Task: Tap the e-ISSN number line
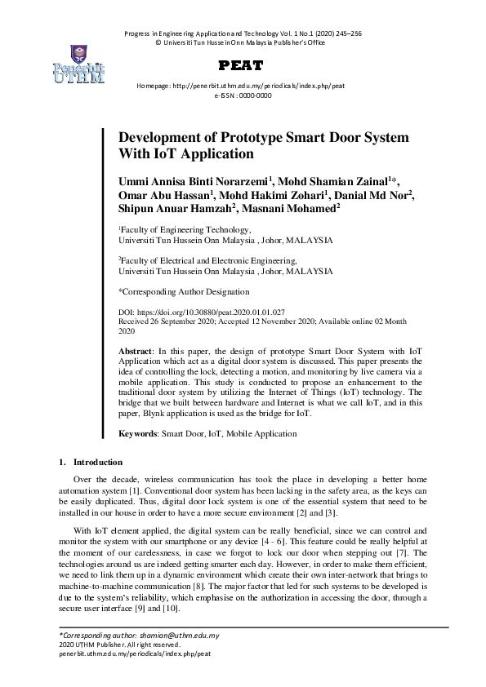coord(243,95)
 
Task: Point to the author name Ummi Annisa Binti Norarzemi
coord(194,180)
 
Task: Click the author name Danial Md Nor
coord(371,194)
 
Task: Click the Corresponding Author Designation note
coord(184,291)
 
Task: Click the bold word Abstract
coord(135,349)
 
